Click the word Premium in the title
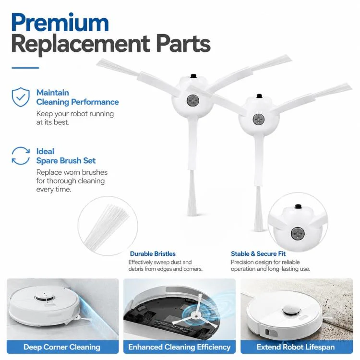(x=60, y=23)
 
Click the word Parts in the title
(x=183, y=43)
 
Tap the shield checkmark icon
(x=21, y=97)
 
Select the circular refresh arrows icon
(x=21, y=156)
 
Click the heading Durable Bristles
(x=153, y=254)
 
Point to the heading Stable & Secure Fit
(x=258, y=254)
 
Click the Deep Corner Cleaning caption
(x=62, y=347)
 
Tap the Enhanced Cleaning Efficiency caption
(x=180, y=347)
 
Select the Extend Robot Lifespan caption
(x=296, y=347)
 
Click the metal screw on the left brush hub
(x=192, y=101)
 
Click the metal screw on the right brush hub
(x=259, y=119)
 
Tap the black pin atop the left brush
(x=193, y=76)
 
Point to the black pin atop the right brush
(x=259, y=96)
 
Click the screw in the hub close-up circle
(x=298, y=233)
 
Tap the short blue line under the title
(x=25, y=68)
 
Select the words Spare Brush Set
(x=66, y=160)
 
